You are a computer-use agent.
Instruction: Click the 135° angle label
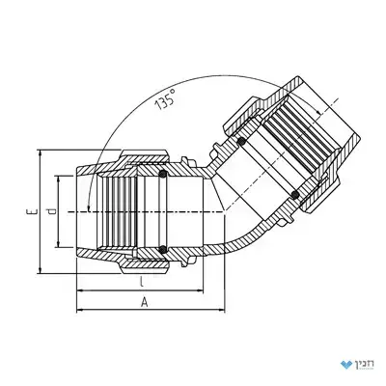pyautogui.click(x=165, y=99)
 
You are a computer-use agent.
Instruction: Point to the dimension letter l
pyautogui.click(x=141, y=282)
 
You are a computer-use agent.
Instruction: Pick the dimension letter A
pyautogui.click(x=145, y=302)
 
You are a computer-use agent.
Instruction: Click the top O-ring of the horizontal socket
pyautogui.click(x=163, y=174)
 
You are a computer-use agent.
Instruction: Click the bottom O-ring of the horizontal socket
pyautogui.click(x=163, y=249)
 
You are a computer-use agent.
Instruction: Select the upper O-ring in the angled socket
pyautogui.click(x=241, y=141)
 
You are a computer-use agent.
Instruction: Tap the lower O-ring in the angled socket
pyautogui.click(x=294, y=194)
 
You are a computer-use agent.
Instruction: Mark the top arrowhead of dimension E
pyautogui.click(x=41, y=153)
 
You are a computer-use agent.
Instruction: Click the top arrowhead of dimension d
pyautogui.click(x=58, y=179)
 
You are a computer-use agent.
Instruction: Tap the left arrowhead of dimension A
pyautogui.click(x=80, y=310)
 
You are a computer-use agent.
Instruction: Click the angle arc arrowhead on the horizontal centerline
pyautogui.click(x=89, y=207)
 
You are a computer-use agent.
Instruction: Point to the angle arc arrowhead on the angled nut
pyautogui.click(x=317, y=112)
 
